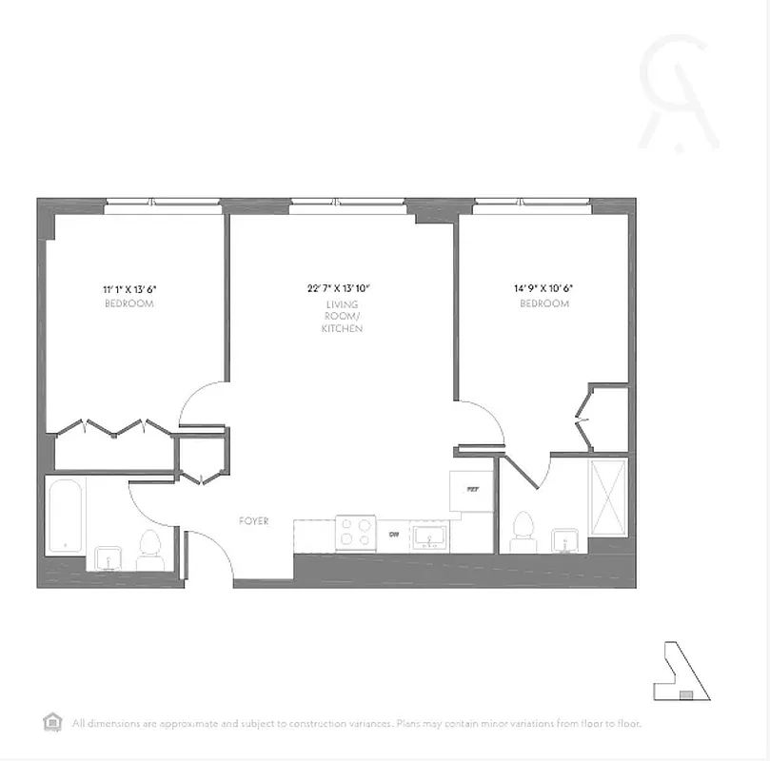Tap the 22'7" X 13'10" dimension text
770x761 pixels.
338,287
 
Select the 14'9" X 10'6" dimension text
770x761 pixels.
544,288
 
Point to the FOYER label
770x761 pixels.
254,521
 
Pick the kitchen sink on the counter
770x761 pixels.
430,537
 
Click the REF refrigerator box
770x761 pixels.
472,491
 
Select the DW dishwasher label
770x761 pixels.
394,535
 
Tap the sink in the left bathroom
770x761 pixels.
107,557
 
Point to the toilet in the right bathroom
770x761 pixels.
523,531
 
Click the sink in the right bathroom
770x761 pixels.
566,539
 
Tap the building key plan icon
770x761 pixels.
683,672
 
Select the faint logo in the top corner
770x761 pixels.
678,93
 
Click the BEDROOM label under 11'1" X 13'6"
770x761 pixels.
129,303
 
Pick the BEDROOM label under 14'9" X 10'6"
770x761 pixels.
544,303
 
